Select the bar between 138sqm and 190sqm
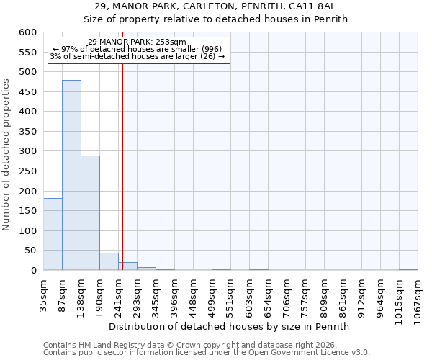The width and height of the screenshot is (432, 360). [x=90, y=213]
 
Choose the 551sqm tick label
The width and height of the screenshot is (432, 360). [x=230, y=294]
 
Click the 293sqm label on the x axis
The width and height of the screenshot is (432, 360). [x=137, y=294]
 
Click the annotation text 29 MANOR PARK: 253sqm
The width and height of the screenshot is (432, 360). [x=137, y=42]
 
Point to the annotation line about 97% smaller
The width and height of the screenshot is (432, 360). [x=137, y=49]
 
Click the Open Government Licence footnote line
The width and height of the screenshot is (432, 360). [x=207, y=352]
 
